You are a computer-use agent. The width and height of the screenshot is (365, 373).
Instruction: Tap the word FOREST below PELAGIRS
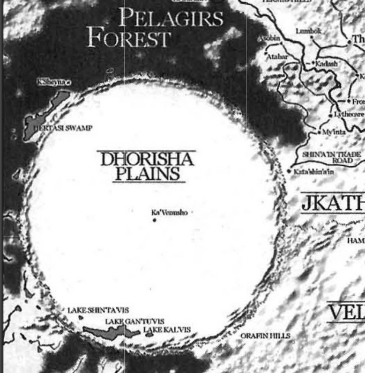pos(128,38)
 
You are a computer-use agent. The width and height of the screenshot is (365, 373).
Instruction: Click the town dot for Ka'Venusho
pos(154,219)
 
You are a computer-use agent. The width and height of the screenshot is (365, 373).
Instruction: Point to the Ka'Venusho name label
pos(169,212)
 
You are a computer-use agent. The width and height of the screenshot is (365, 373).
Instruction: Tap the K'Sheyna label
pos(52,82)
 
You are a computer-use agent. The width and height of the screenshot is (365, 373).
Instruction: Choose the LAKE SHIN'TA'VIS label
pos(98,310)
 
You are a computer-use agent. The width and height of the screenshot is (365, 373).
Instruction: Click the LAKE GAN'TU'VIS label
pos(134,322)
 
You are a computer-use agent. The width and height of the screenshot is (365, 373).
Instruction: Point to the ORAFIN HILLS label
pos(265,336)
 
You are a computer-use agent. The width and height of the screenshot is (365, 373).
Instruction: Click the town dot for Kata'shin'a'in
pos(289,171)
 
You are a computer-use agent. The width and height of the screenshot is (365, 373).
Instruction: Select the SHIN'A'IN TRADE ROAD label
pos(332,157)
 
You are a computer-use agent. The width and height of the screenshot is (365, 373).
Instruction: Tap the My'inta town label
pos(334,132)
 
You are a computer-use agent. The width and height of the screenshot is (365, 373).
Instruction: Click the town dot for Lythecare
pos(330,115)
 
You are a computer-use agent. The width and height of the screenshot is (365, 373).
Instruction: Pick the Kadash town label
pos(327,64)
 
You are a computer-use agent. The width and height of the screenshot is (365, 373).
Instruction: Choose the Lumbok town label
pos(308,31)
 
